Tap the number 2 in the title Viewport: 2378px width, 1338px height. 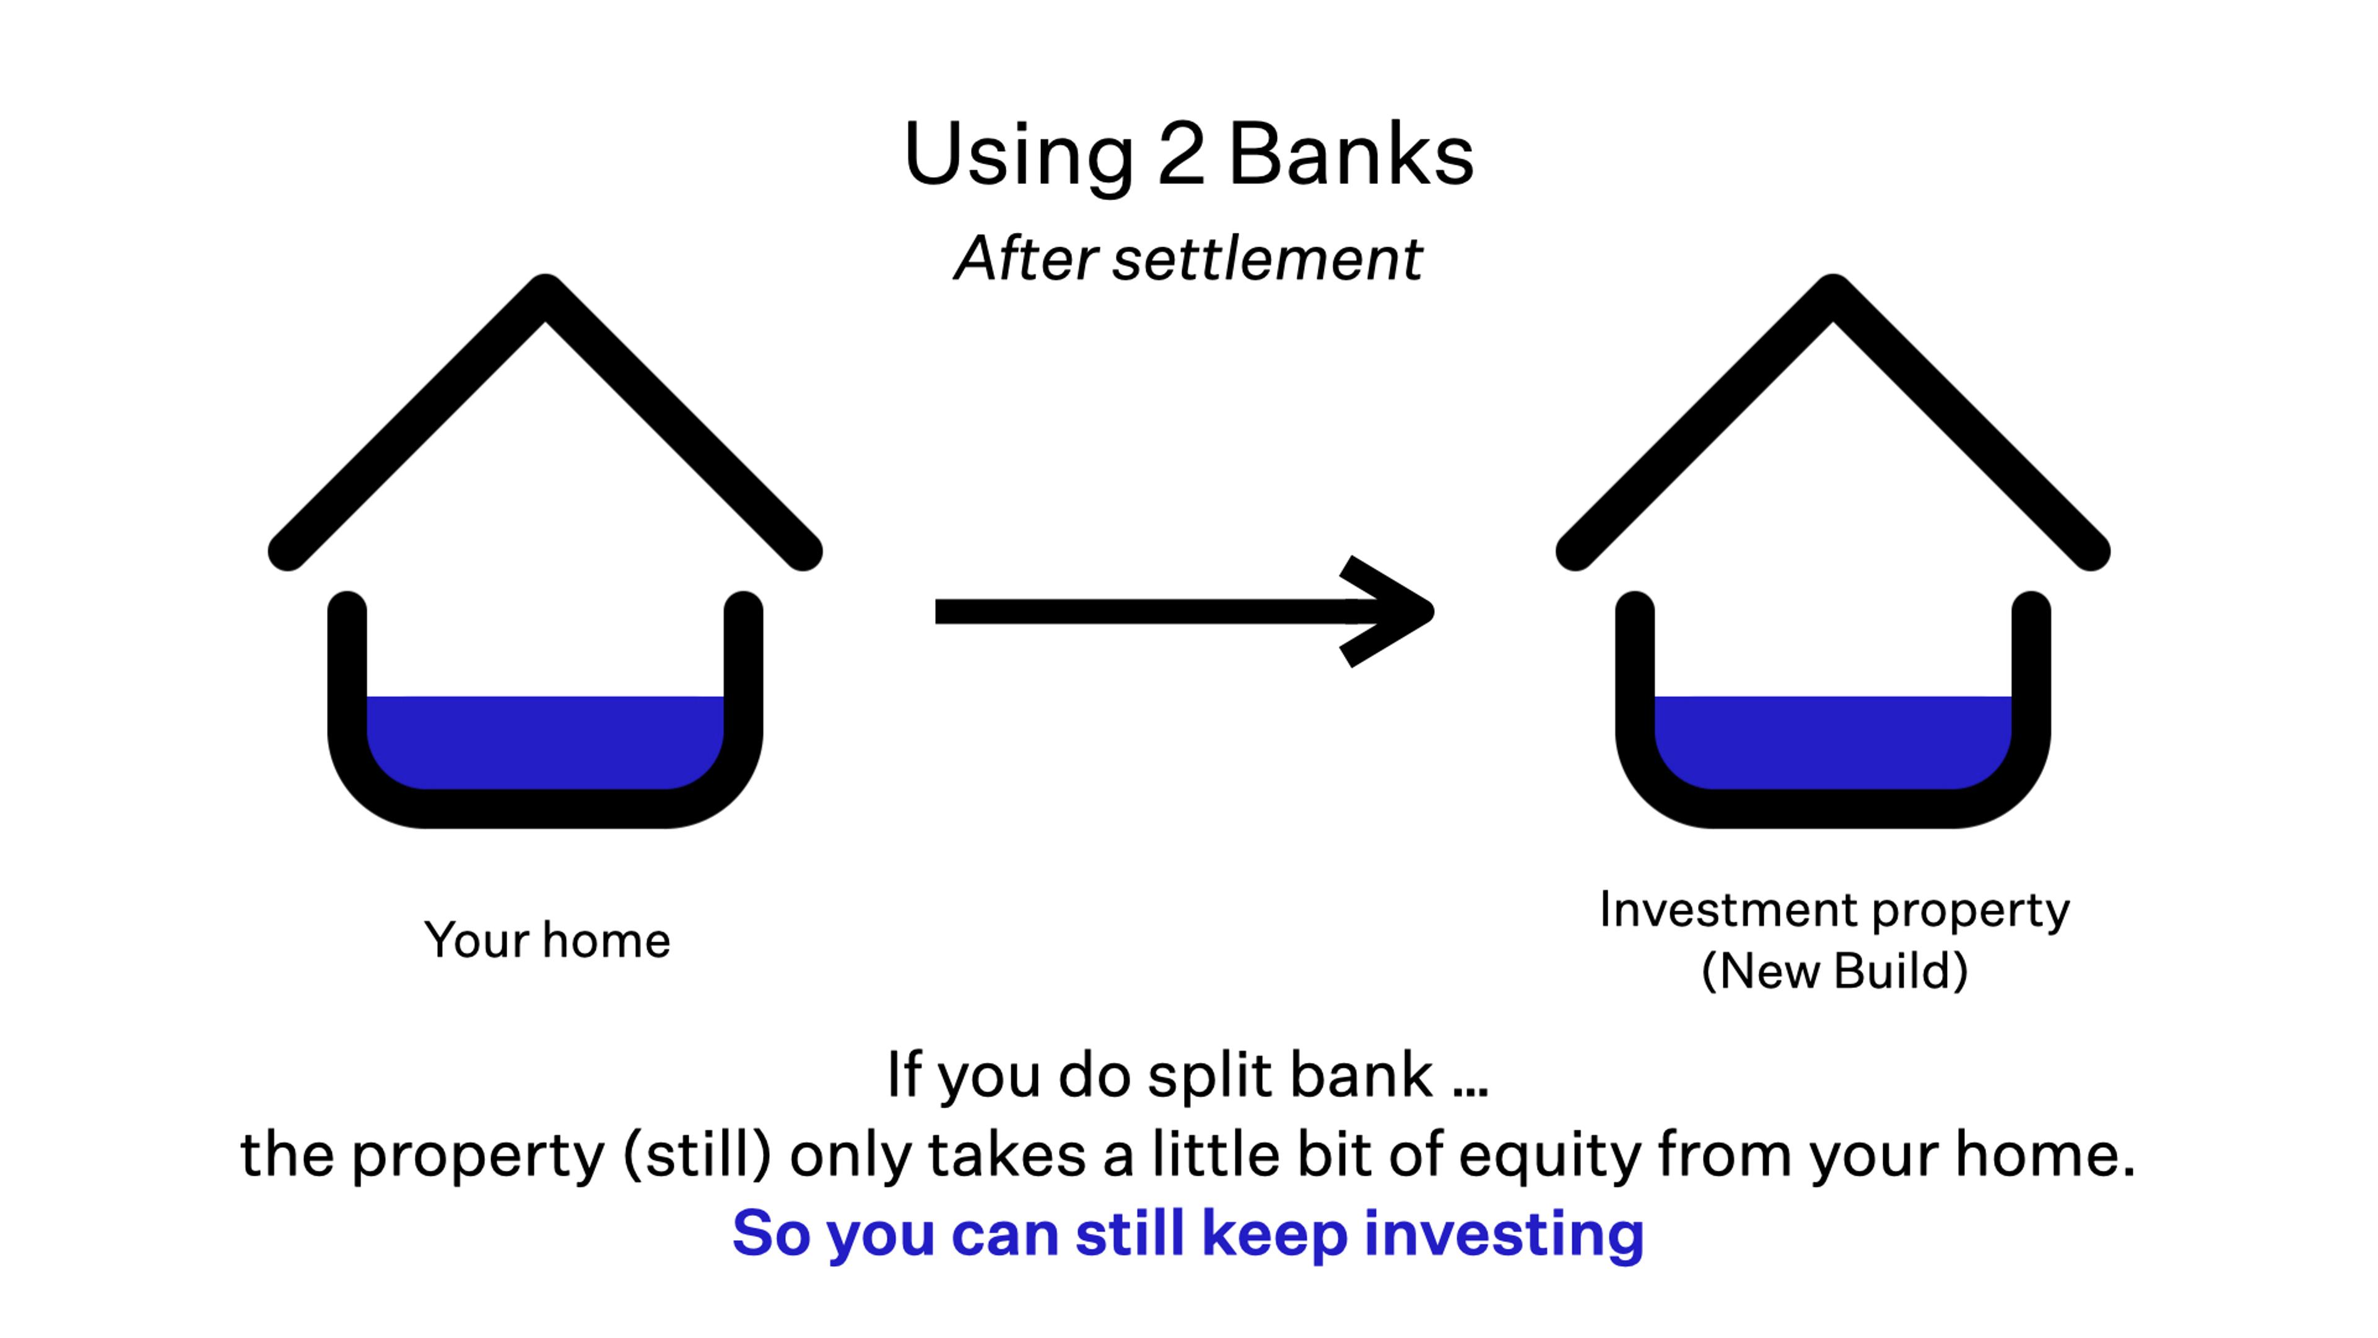click(x=1181, y=154)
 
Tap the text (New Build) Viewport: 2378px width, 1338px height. click(x=1834, y=971)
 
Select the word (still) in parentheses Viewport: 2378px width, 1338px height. click(x=697, y=1155)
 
